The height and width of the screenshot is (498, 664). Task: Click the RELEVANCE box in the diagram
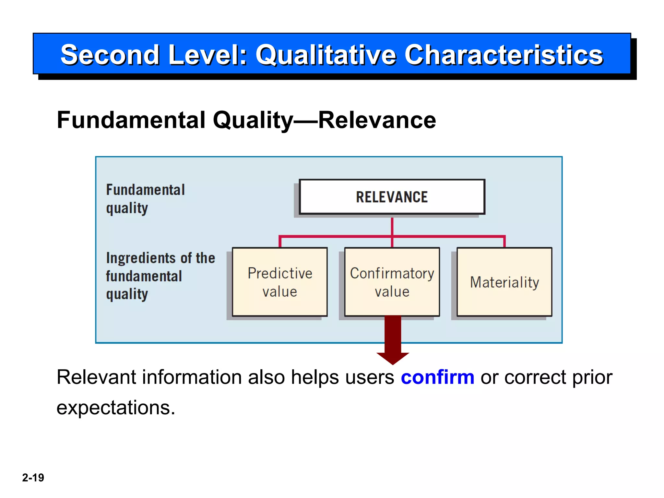(392, 197)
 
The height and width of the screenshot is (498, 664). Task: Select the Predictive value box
(280, 282)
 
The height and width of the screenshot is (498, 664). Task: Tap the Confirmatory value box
(392, 282)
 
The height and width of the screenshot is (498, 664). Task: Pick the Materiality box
(504, 282)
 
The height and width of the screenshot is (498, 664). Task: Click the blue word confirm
(437, 377)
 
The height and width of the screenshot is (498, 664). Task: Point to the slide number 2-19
(33, 478)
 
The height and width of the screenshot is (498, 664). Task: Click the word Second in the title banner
(110, 55)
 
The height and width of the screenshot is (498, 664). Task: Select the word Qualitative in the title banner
(326, 55)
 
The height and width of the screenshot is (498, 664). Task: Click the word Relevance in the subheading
(377, 120)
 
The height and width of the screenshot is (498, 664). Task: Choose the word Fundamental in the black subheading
(131, 120)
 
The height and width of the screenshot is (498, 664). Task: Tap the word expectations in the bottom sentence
(116, 408)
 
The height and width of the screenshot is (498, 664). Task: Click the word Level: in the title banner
(208, 55)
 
